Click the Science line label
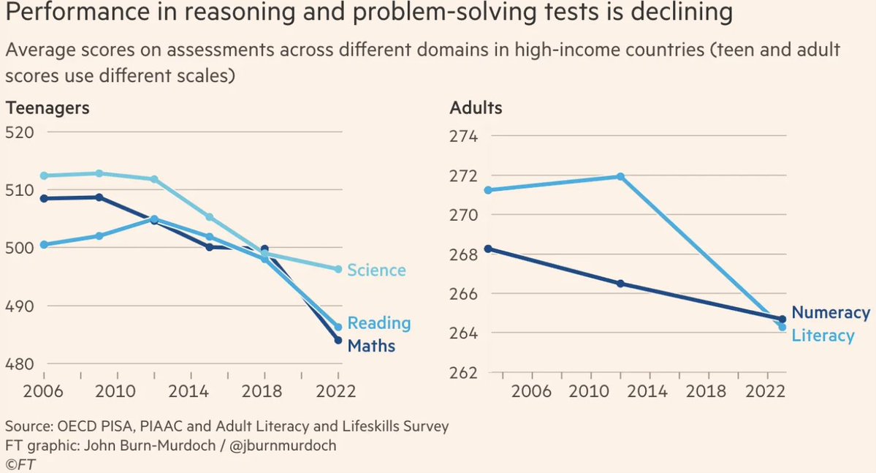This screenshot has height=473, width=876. [376, 270]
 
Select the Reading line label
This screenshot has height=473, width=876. [378, 323]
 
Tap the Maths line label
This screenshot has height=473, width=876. [371, 345]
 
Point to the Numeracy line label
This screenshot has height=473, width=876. [831, 313]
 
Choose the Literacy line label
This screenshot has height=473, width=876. [823, 336]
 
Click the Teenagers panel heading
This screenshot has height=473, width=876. [47, 107]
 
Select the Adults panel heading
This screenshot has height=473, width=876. [476, 107]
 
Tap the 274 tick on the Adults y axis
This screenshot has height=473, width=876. [463, 137]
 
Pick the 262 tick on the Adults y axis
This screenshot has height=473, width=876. [463, 372]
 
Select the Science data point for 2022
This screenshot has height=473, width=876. [338, 269]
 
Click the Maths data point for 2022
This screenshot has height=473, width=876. [338, 340]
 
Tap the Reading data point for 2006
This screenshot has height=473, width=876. [44, 245]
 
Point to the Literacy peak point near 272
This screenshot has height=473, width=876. [620, 176]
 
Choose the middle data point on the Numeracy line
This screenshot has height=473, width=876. [620, 283]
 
